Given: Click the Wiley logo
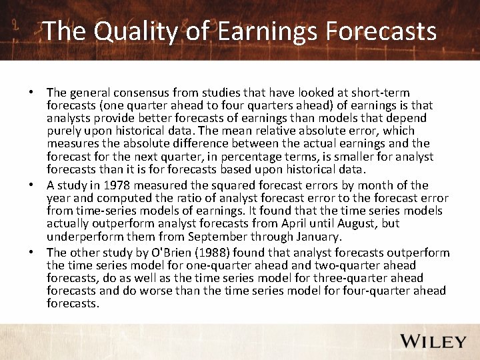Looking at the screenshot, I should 433,341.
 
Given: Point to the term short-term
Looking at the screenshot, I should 381,93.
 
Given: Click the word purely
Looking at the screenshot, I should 64,131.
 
